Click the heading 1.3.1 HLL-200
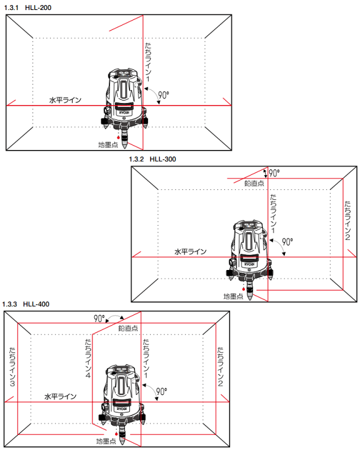28,7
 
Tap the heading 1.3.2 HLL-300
152,159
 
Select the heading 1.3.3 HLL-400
26,304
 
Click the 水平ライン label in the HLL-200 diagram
66,100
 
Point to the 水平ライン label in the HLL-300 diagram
191,252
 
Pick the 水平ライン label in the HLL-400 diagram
60,396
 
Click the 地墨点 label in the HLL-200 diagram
108,145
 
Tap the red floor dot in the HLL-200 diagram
118,137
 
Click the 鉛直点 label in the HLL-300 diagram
254,183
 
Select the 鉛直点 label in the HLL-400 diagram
128,328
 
